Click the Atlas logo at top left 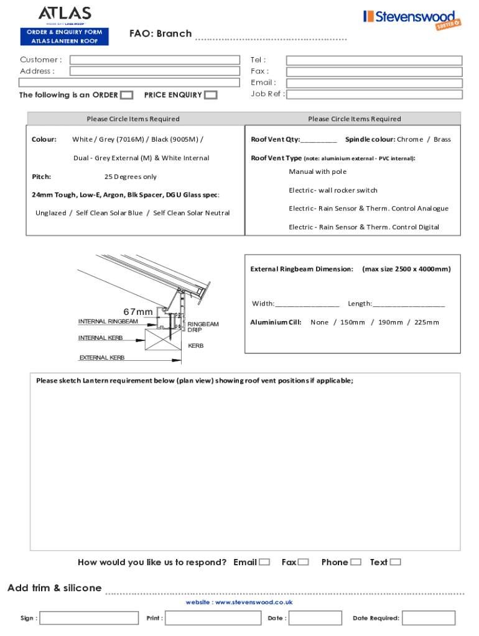(65, 14)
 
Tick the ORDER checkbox (126, 95)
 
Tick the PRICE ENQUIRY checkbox (211, 95)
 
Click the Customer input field (154, 60)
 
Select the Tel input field (374, 60)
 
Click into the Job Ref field (374, 94)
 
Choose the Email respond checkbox (264, 562)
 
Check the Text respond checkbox (396, 562)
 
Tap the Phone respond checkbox (356, 562)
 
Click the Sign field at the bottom (89, 618)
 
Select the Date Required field (429, 618)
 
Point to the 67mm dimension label (138, 311)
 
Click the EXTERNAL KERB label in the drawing (102, 358)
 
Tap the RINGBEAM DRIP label (203, 327)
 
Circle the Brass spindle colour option (442, 139)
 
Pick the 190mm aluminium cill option (391, 322)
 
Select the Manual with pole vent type (318, 171)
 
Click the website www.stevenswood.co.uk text (239, 602)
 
